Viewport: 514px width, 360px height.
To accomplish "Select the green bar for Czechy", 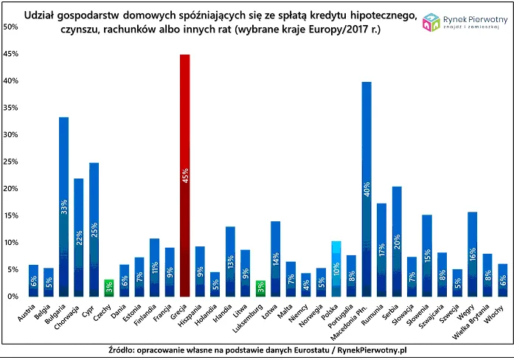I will (109, 288).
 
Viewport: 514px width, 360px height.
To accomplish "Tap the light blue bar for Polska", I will (336, 269).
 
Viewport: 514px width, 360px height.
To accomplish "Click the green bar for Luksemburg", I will (260, 288).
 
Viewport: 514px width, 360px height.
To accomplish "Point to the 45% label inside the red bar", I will (185, 177).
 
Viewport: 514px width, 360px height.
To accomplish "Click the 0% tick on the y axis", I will (13, 297).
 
